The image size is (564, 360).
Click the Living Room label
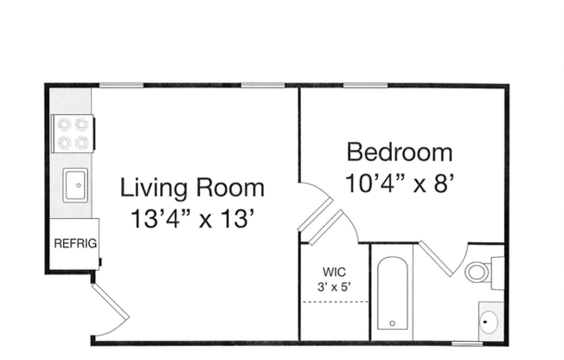click(192, 187)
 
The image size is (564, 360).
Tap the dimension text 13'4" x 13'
click(192, 219)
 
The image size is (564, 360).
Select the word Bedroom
click(399, 152)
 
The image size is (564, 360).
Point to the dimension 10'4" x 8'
click(399, 183)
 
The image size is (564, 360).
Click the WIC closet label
click(334, 269)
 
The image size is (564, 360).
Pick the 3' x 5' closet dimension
click(334, 285)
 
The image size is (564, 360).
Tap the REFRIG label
click(74, 244)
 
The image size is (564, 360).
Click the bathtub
click(394, 295)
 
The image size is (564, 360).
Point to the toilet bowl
click(477, 273)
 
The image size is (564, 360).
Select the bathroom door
click(437, 260)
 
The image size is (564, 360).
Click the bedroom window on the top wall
click(364, 85)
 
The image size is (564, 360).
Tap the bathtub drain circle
click(394, 325)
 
